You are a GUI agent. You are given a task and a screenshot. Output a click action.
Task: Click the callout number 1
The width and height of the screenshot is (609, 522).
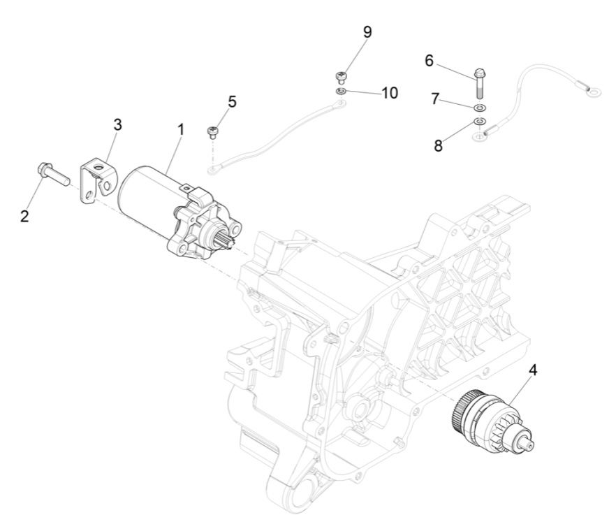pos(180,129)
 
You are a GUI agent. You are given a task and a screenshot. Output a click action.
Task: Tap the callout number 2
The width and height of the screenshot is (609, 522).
pos(24,216)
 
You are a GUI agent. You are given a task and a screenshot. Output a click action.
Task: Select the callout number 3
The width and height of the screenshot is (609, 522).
pos(117,124)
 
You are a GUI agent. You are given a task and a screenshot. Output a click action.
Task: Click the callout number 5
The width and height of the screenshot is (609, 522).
pos(232,102)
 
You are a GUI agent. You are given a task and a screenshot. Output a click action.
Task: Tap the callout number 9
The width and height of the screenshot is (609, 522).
pos(367,32)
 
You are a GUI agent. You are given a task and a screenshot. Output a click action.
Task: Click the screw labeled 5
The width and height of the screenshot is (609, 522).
pos(213,131)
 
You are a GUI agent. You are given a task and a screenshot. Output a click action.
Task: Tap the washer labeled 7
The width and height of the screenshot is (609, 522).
pos(480,108)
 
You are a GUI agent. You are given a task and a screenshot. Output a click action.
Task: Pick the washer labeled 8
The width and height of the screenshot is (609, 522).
pos(480,122)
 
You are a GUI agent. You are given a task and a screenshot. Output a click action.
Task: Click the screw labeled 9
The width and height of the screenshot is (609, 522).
pos(342,76)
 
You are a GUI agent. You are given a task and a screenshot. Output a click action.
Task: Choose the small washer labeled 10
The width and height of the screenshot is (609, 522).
pos(341,92)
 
